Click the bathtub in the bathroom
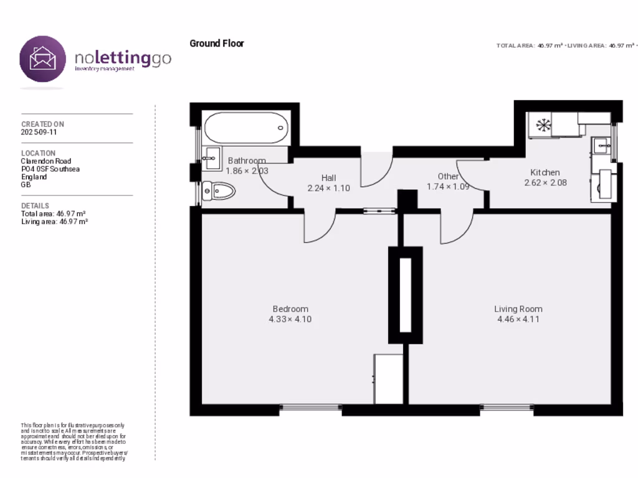pyautogui.click(x=246, y=128)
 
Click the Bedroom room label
pyautogui.click(x=290, y=309)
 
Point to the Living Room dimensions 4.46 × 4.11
pyautogui.click(x=518, y=319)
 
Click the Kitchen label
pyautogui.click(x=545, y=172)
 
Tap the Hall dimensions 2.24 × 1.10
pyautogui.click(x=328, y=187)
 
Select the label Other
pyautogui.click(x=448, y=176)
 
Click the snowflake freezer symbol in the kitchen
pyautogui.click(x=543, y=125)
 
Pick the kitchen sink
pyautogui.click(x=601, y=146)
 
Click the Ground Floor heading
pyautogui.click(x=217, y=44)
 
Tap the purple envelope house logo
pyautogui.click(x=42, y=59)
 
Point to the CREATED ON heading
pyautogui.click(x=42, y=124)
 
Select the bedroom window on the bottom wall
pyautogui.click(x=310, y=408)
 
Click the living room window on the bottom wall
pyautogui.click(x=507, y=408)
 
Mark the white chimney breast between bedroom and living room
pyautogui.click(x=405, y=295)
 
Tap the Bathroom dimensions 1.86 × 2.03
pyautogui.click(x=247, y=171)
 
